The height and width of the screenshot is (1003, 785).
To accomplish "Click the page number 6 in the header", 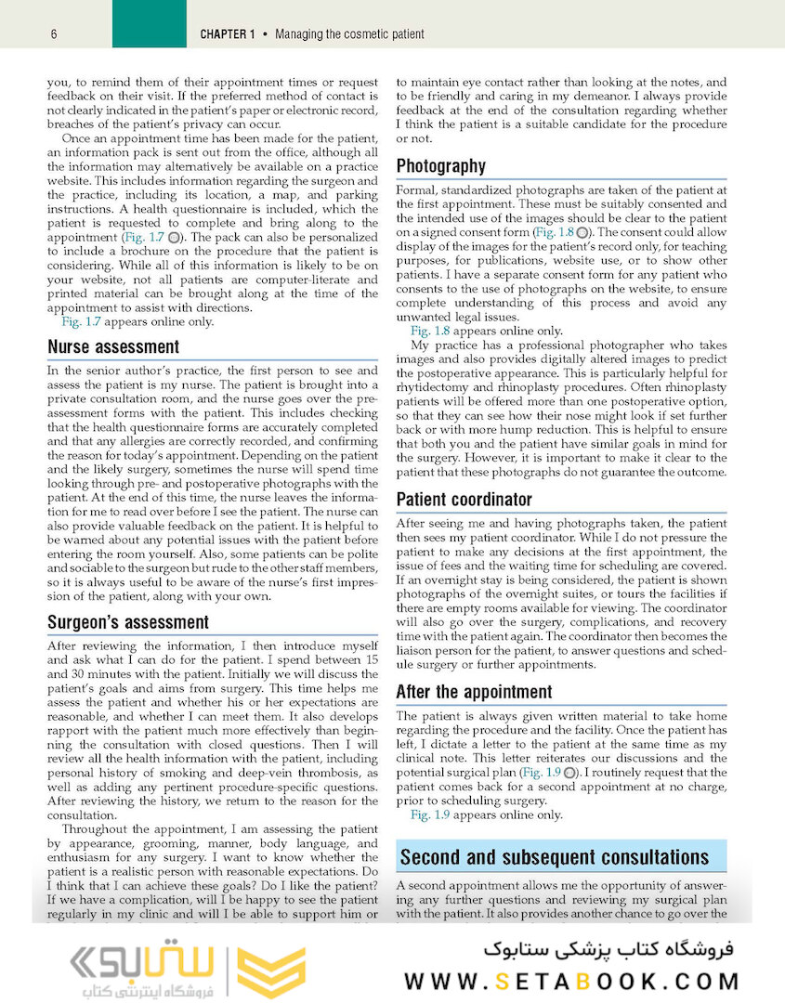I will click(55, 35).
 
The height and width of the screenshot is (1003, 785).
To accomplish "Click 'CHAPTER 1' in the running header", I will click(228, 35).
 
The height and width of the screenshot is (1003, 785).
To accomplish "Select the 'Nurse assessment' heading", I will click(113, 347).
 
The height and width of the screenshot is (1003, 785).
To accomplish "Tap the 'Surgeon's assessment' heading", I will click(128, 622).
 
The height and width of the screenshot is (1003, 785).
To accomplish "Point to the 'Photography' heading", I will click(440, 166).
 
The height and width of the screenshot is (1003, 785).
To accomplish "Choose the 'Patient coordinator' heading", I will click(464, 500).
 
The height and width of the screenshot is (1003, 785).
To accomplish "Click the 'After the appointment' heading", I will click(474, 692).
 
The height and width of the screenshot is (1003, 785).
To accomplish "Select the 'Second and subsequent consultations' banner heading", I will click(554, 857).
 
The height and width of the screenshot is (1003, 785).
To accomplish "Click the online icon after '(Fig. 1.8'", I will click(582, 231).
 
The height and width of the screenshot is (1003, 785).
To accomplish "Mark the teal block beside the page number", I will click(149, 24).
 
